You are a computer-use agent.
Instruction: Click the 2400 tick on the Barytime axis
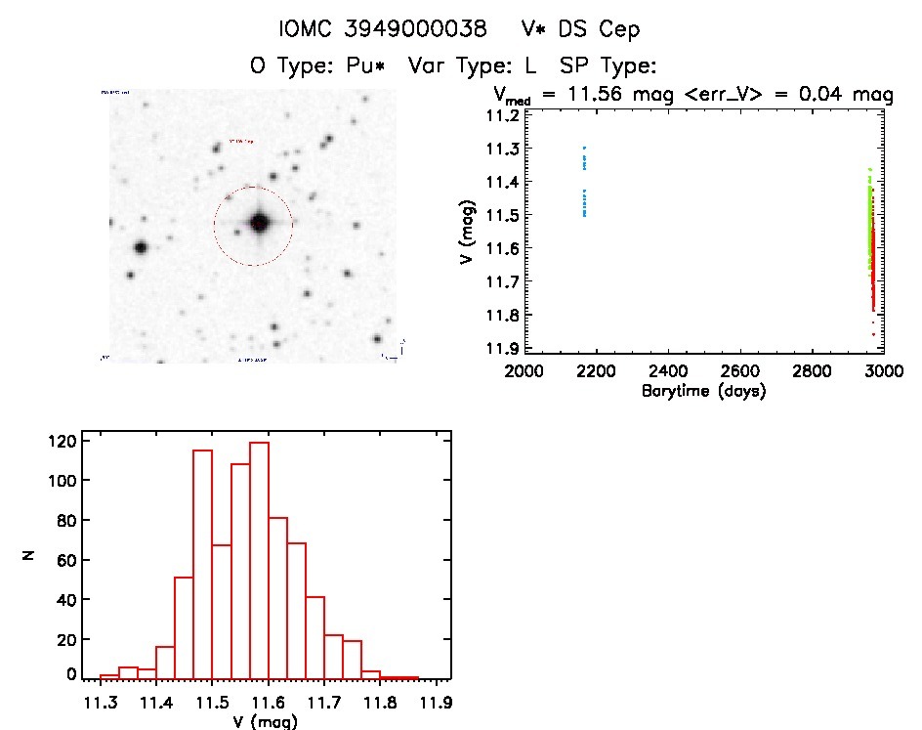point(668,371)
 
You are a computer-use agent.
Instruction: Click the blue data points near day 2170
point(584,186)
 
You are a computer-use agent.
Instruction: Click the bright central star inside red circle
point(259,223)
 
